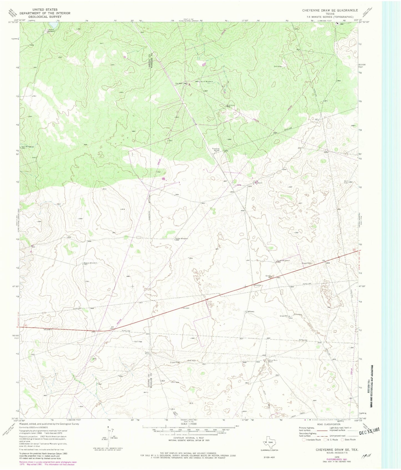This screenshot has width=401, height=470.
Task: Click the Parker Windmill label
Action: pos(181,238)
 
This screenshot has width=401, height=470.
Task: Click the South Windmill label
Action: pos(283,261)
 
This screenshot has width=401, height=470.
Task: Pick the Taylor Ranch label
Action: pos(147,353)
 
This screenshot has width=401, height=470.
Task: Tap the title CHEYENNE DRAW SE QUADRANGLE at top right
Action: pos(330,10)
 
